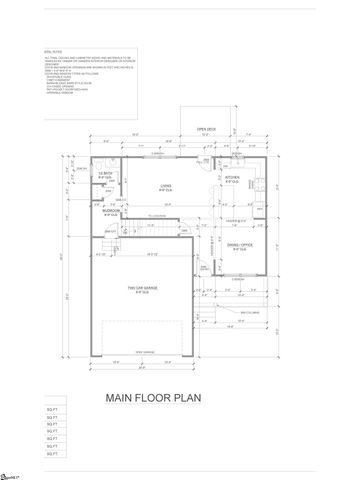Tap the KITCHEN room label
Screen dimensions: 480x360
(232, 179)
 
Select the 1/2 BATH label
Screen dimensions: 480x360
(102, 174)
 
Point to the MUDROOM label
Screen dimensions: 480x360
(111, 212)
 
